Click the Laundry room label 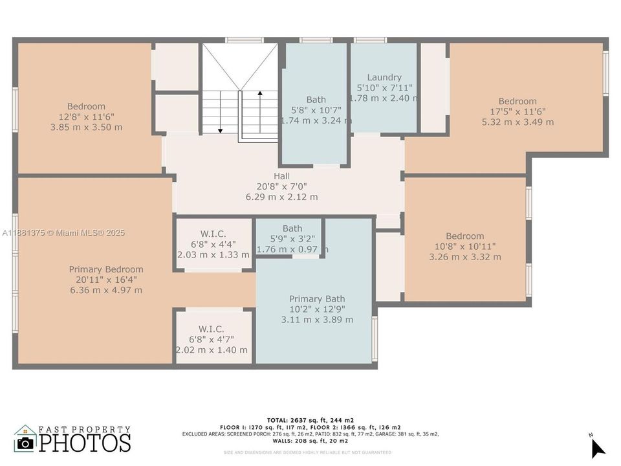pyautogui.click(x=384, y=77)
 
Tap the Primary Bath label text pyautogui.click(x=317, y=298)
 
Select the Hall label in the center pyautogui.click(x=281, y=176)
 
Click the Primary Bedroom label pyautogui.click(x=106, y=269)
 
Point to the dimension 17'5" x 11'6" pyautogui.click(x=517, y=111)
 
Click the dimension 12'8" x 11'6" pyautogui.click(x=86, y=116)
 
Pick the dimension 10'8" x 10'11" pyautogui.click(x=464, y=247)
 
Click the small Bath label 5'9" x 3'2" pyautogui.click(x=292, y=228)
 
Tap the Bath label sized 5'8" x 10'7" pyautogui.click(x=316, y=100)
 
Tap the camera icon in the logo pyautogui.click(x=25, y=442)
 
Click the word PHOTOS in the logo pyautogui.click(x=85, y=442)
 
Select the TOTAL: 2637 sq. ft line pyautogui.click(x=310, y=420)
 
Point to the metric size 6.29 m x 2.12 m pyautogui.click(x=281, y=197)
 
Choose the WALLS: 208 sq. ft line pyautogui.click(x=310, y=441)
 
